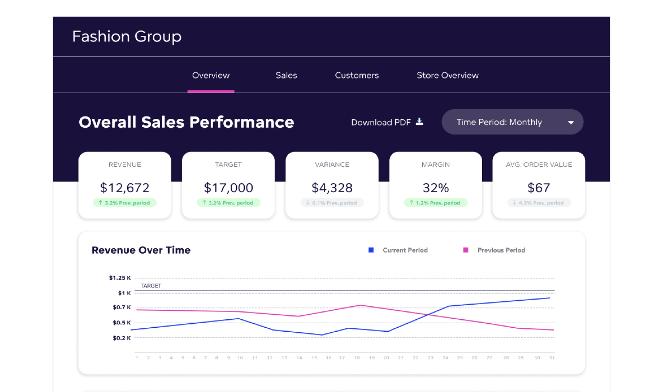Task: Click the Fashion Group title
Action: pyautogui.click(x=127, y=36)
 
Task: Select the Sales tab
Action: pyautogui.click(x=286, y=75)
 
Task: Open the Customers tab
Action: pyautogui.click(x=357, y=75)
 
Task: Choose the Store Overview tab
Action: pyautogui.click(x=447, y=75)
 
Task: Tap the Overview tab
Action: pyautogui.click(x=211, y=75)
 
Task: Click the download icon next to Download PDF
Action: pyautogui.click(x=419, y=122)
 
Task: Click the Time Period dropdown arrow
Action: pyautogui.click(x=571, y=122)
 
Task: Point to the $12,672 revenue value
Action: pyautogui.click(x=125, y=188)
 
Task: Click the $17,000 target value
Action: pyautogui.click(x=228, y=188)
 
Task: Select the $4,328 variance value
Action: pyautogui.click(x=332, y=188)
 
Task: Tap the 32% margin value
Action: pyautogui.click(x=435, y=188)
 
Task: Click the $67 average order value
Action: pyautogui.click(x=539, y=188)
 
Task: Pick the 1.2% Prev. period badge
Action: pyautogui.click(x=435, y=203)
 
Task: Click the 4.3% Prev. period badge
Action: pyautogui.click(x=539, y=203)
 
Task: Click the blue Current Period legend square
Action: pyautogui.click(x=371, y=250)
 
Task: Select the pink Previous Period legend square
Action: pyautogui.click(x=465, y=250)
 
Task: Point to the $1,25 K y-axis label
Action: pyautogui.click(x=120, y=278)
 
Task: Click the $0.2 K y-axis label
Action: pyautogui.click(x=122, y=338)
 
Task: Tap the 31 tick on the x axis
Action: pyautogui.click(x=552, y=358)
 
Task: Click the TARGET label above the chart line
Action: pyautogui.click(x=151, y=286)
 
